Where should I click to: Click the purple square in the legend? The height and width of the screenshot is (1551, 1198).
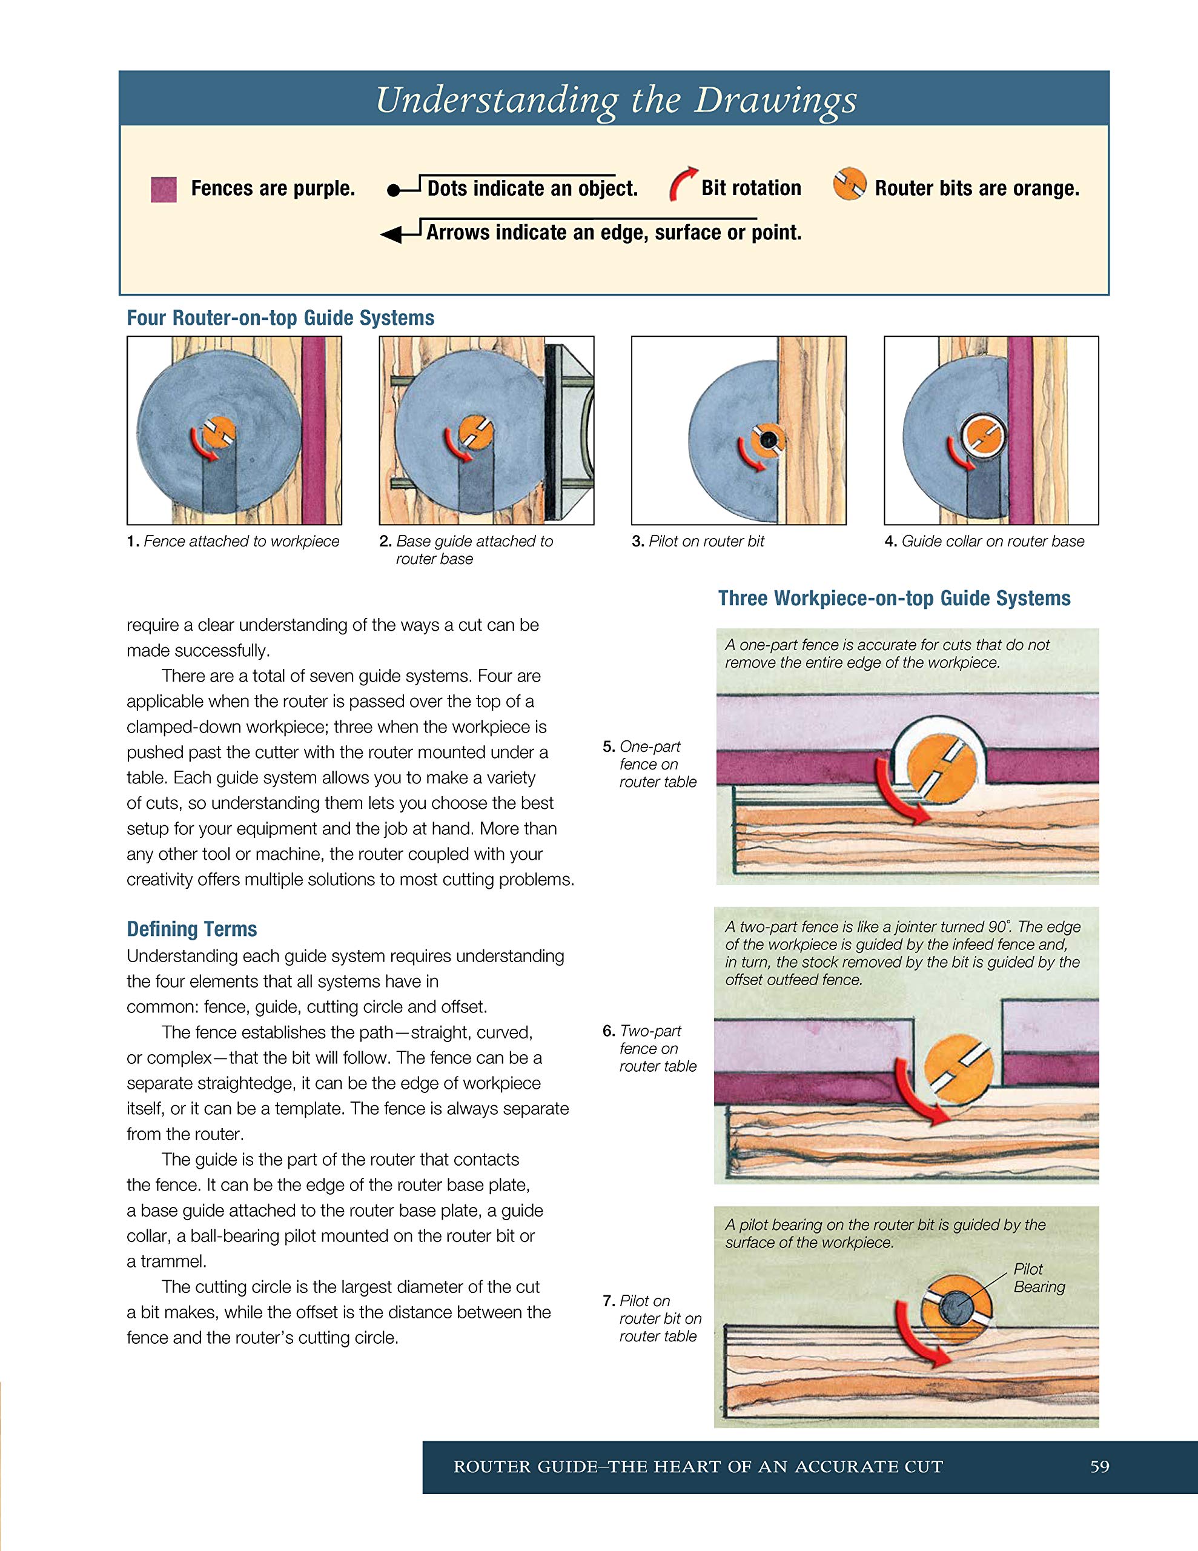pyautogui.click(x=164, y=190)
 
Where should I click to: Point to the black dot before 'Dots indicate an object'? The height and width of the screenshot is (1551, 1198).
pyautogui.click(x=392, y=190)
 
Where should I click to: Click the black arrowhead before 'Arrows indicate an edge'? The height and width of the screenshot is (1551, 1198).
pyautogui.click(x=391, y=234)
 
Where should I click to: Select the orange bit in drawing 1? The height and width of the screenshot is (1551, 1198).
pyautogui.click(x=219, y=431)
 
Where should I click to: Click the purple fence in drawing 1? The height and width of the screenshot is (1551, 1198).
pyautogui.click(x=313, y=430)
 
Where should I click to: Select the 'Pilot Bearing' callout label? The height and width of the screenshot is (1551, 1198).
pyautogui.click(x=1039, y=1278)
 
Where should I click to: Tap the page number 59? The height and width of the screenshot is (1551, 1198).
pyautogui.click(x=1099, y=1467)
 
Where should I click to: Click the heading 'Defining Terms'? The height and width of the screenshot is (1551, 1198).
pyautogui.click(x=192, y=929)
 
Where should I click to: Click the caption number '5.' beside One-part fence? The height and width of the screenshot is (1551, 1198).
pyautogui.click(x=609, y=746)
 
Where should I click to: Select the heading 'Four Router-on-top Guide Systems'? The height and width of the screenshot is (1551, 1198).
pyautogui.click(x=280, y=317)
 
